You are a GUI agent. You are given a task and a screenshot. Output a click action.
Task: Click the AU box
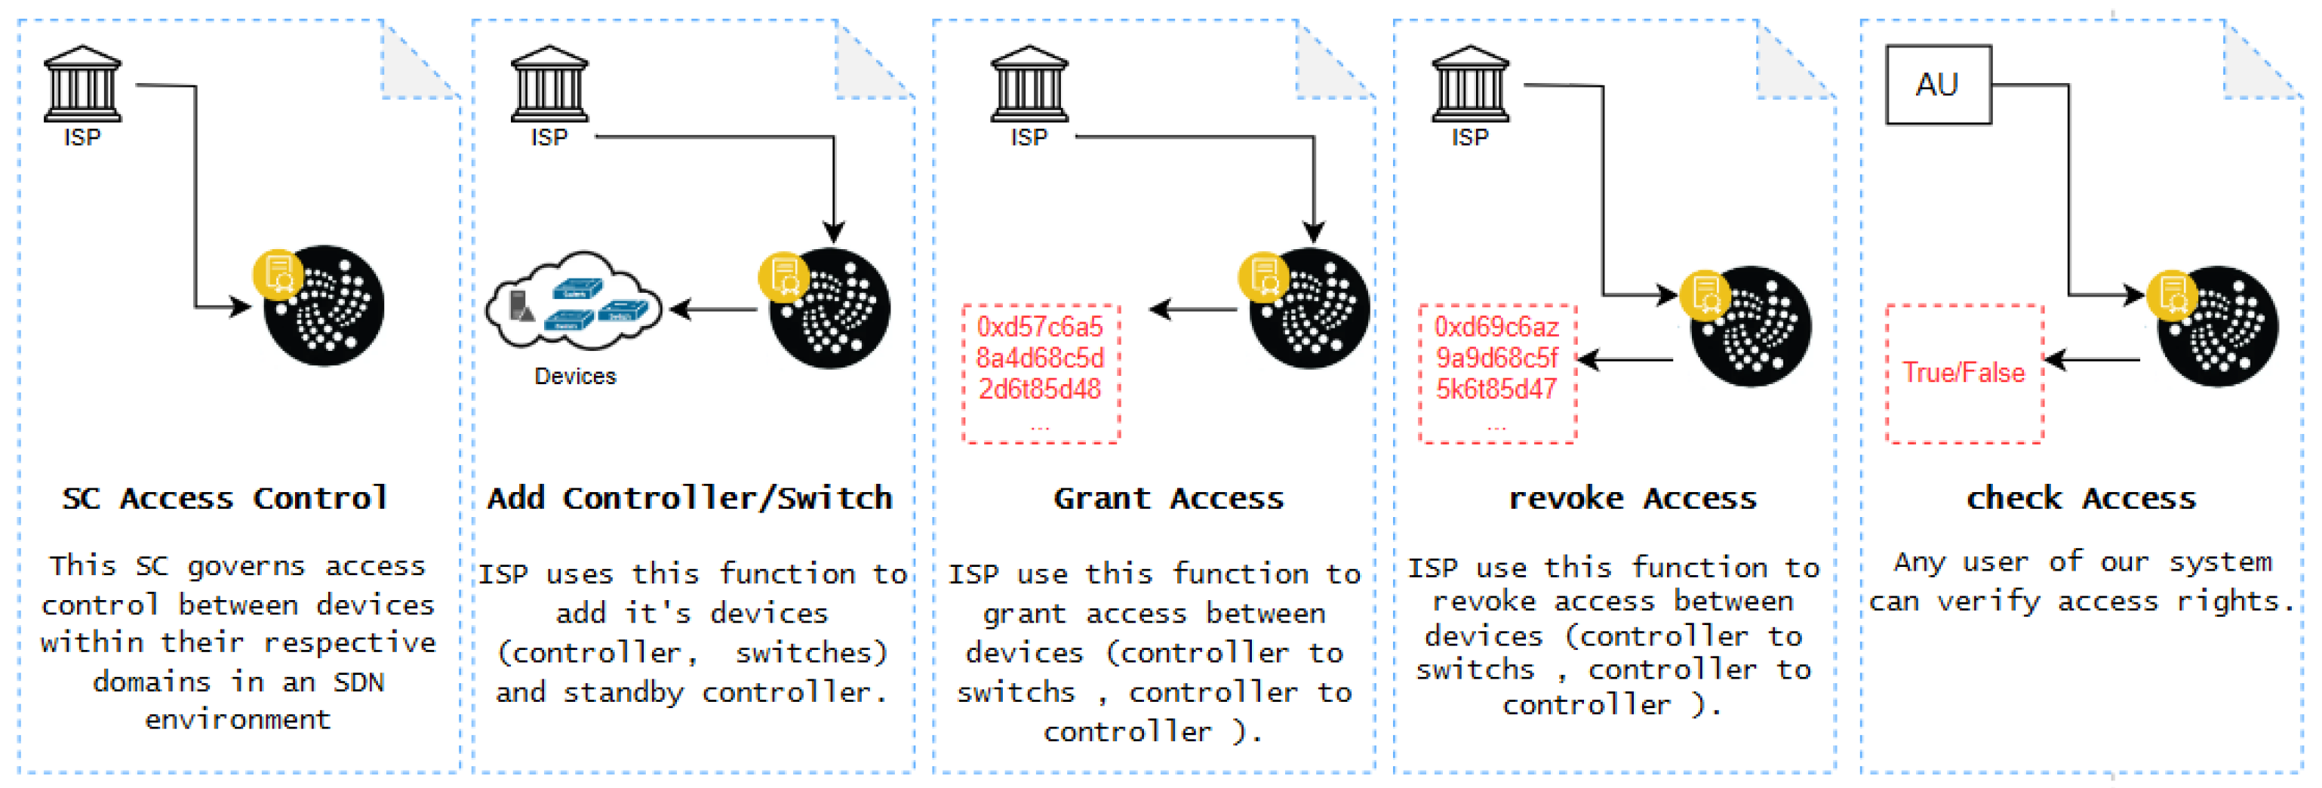pyautogui.click(x=1937, y=85)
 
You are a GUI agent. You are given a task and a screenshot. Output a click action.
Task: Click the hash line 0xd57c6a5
pyautogui.click(x=1039, y=326)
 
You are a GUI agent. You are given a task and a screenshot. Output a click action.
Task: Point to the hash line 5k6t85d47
pyautogui.click(x=1496, y=389)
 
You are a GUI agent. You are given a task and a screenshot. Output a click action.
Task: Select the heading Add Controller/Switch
pyautogui.click(x=690, y=497)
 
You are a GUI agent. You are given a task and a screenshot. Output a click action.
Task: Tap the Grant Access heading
pyautogui.click(x=1168, y=497)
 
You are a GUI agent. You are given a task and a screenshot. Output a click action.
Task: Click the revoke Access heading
pyautogui.click(x=1632, y=497)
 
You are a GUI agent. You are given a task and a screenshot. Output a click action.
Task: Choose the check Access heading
pyautogui.click(x=2081, y=497)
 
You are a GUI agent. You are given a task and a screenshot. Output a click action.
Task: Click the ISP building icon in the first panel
pyautogui.click(x=82, y=84)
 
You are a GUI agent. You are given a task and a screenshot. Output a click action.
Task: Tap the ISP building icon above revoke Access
pyautogui.click(x=1469, y=84)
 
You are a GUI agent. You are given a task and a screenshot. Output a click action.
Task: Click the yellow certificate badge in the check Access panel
pyautogui.click(x=2172, y=295)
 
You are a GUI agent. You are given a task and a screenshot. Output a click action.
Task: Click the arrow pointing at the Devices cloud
pyautogui.click(x=712, y=309)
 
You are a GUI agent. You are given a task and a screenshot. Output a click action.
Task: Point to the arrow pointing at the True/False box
pyautogui.click(x=2091, y=360)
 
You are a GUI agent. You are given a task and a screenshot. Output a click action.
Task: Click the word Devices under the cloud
pyautogui.click(x=574, y=376)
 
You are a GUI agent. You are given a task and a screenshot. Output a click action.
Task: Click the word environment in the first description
pyautogui.click(x=238, y=719)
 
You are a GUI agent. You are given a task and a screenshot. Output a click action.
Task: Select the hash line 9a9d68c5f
pyautogui.click(x=1496, y=358)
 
